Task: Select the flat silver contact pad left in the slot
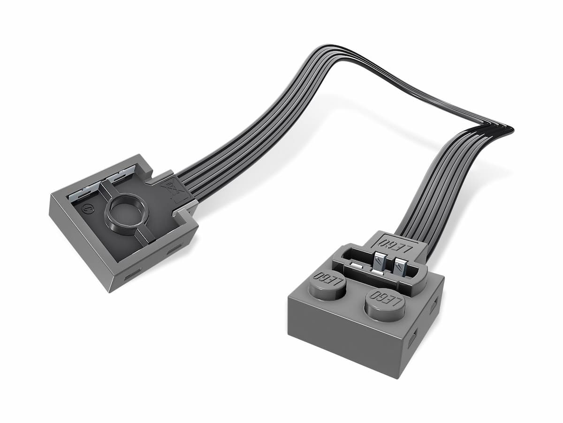click(358, 267)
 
